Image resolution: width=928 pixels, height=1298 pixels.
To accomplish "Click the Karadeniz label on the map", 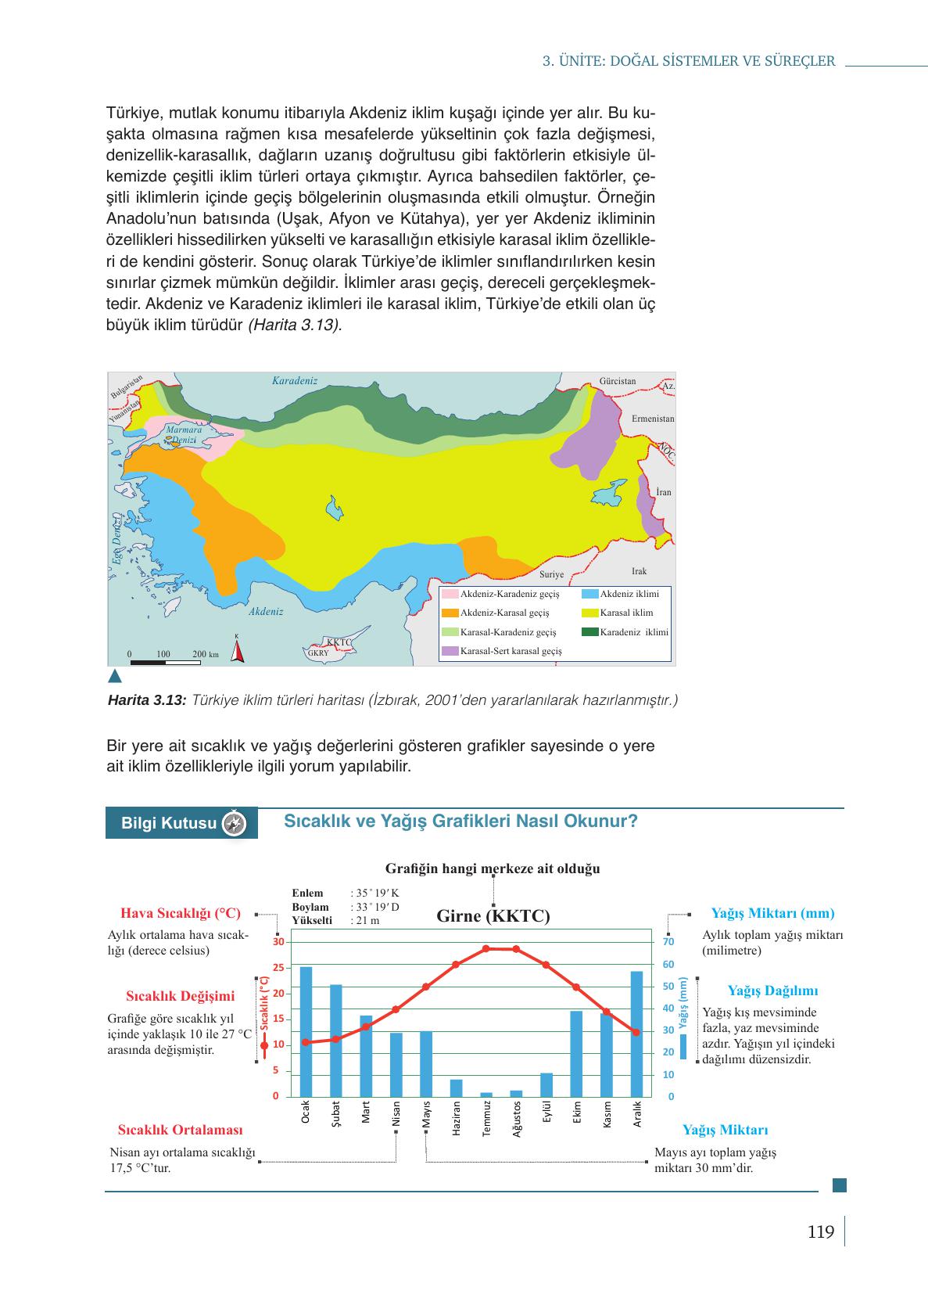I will [295, 380].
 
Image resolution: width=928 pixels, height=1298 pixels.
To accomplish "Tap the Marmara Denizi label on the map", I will [184, 435].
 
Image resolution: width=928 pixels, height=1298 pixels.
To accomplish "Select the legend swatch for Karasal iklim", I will [590, 613].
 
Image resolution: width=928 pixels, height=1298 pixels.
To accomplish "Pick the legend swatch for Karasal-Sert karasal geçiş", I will [450, 650].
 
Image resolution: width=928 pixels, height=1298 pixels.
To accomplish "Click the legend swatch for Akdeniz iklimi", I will [590, 594].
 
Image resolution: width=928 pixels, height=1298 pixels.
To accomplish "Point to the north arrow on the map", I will [237, 649].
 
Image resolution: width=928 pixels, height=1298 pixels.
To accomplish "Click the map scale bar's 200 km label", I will [206, 653].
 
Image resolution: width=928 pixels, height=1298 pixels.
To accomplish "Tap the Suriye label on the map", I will [551, 574].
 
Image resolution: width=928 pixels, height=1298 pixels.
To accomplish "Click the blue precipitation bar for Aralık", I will [636, 1034].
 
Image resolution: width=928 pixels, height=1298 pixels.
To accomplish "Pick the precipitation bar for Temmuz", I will [486, 1094].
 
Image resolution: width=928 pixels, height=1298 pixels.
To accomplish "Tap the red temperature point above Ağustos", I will [516, 949].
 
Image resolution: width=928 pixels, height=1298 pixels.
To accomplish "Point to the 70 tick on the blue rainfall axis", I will [668, 942].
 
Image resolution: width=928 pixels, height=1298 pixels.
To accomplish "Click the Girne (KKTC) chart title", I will [493, 916].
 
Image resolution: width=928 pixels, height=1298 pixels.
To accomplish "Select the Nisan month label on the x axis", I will [396, 1113].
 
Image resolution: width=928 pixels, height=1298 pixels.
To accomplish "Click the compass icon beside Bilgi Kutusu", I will [235, 823].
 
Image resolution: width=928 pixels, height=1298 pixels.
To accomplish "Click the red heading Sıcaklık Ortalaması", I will [180, 1130].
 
